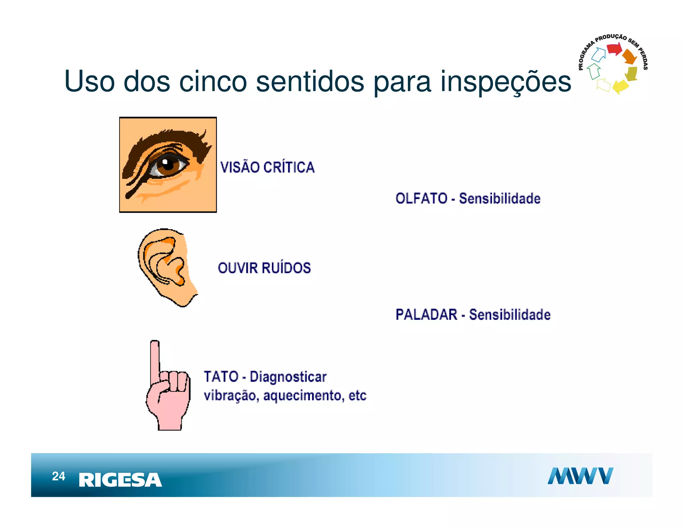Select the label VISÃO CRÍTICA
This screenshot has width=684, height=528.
(268, 167)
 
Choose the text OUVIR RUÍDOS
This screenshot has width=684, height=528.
(264, 268)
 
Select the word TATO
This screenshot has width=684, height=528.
(221, 377)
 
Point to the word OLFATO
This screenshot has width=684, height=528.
(421, 199)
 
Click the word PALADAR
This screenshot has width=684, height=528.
(426, 315)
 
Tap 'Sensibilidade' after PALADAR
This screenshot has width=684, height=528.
(510, 315)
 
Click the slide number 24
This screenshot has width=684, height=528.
(58, 476)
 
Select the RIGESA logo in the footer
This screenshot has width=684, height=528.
(120, 480)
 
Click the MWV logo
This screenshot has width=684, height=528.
(580, 476)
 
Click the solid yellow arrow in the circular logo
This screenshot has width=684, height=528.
(620, 86)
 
